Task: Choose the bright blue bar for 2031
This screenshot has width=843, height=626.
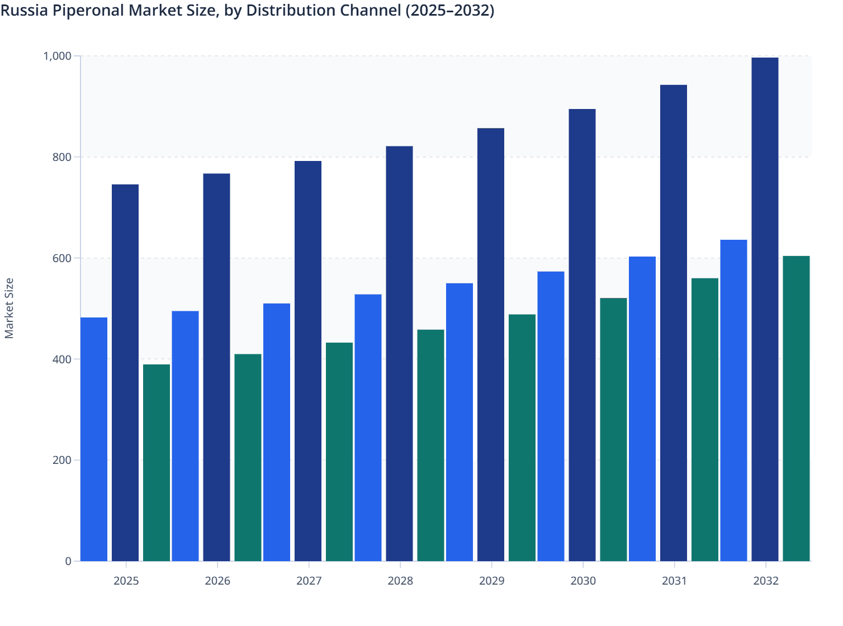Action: (x=642, y=409)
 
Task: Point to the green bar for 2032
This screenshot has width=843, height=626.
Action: (x=796, y=409)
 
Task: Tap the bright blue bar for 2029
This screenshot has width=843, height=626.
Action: (x=460, y=422)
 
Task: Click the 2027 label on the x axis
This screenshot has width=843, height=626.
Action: (x=309, y=581)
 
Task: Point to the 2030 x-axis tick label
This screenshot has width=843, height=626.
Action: (x=583, y=581)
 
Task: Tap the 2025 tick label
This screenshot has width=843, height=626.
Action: (x=126, y=581)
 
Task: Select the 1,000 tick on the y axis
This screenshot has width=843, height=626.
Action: (x=58, y=56)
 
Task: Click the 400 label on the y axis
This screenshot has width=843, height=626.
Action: (x=61, y=359)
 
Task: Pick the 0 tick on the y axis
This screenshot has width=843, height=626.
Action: (x=68, y=561)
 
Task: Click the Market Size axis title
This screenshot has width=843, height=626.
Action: (x=9, y=309)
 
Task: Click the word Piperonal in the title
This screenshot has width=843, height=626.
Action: (x=89, y=11)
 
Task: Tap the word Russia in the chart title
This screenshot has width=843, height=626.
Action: (x=25, y=11)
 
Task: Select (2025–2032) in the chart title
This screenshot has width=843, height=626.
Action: (x=450, y=11)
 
